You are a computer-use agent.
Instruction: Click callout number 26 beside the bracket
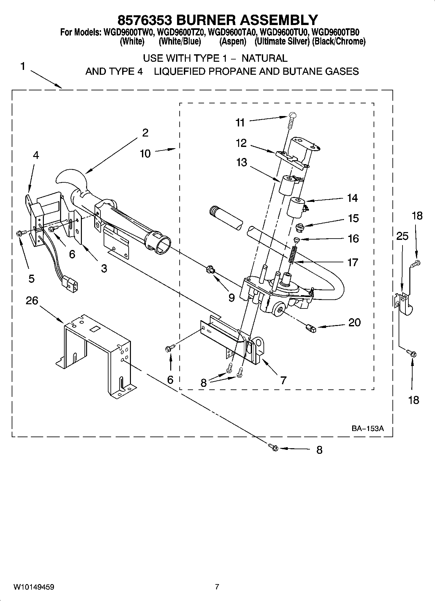pos(32,301)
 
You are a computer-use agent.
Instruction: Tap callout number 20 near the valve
pos(354,322)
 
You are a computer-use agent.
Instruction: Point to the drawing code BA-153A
pos(367,428)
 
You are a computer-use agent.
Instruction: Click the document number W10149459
pos(33,587)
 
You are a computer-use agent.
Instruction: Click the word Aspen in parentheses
pos(233,42)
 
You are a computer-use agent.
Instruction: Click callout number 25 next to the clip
pos(402,236)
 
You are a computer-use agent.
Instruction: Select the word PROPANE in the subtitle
pos(232,71)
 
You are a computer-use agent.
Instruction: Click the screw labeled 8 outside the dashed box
pos(274,448)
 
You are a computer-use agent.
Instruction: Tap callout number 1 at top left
pos(22,66)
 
